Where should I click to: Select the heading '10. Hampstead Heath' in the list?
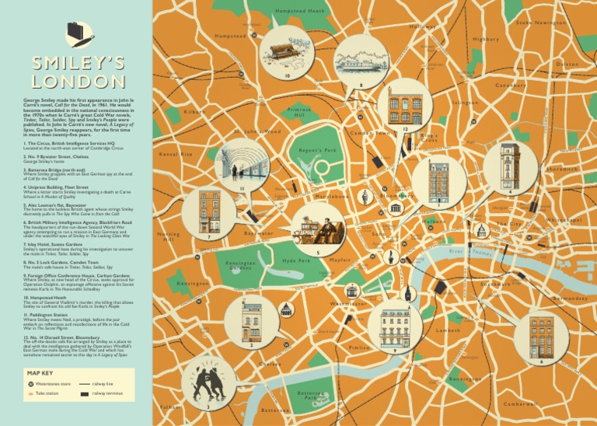click(x=52, y=297)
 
